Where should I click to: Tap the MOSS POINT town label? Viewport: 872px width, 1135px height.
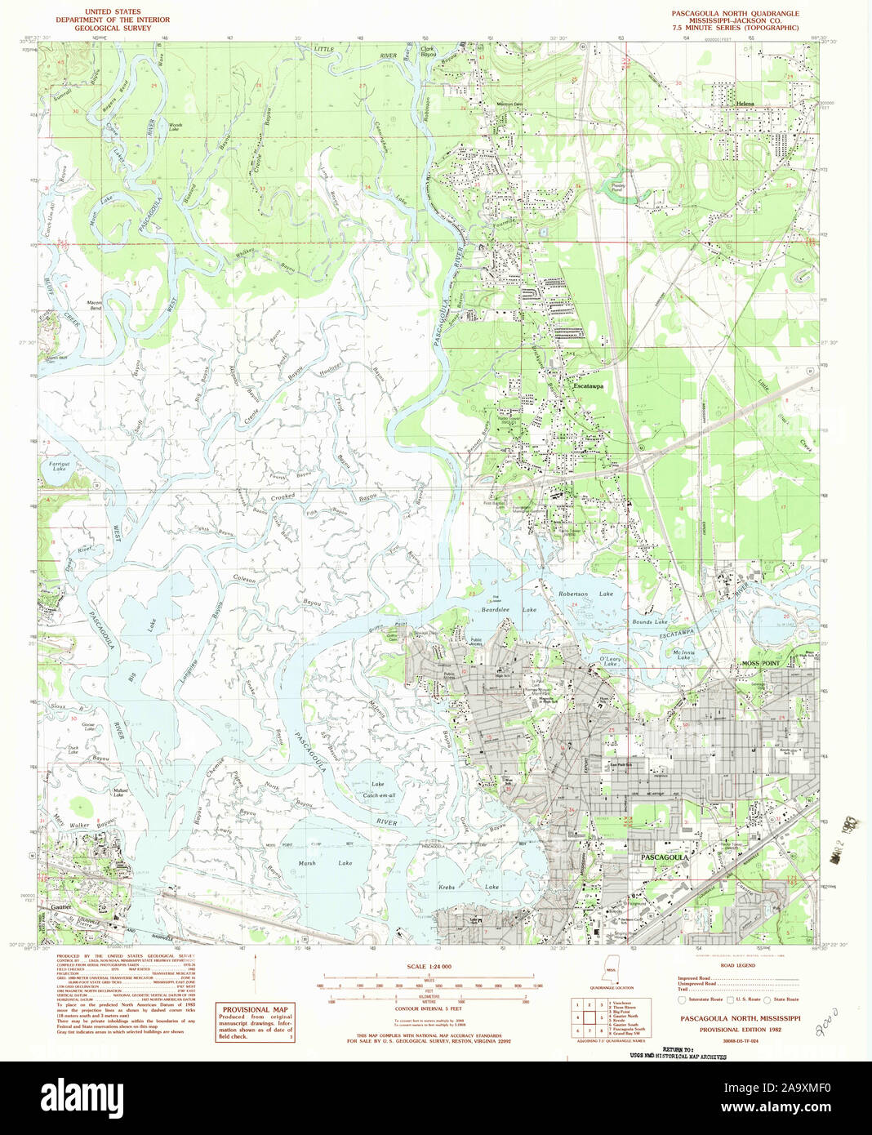(760, 663)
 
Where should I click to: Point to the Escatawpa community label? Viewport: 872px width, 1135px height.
(588, 386)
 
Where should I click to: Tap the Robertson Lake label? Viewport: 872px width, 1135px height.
(585, 594)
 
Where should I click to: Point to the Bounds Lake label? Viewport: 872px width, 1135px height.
(649, 622)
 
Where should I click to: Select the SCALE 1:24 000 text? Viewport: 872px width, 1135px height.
(429, 967)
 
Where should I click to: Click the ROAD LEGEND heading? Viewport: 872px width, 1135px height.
(738, 965)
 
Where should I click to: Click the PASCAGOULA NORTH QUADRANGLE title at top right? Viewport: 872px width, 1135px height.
(735, 14)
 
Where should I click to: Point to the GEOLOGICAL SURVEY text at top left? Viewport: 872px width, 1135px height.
(110, 28)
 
